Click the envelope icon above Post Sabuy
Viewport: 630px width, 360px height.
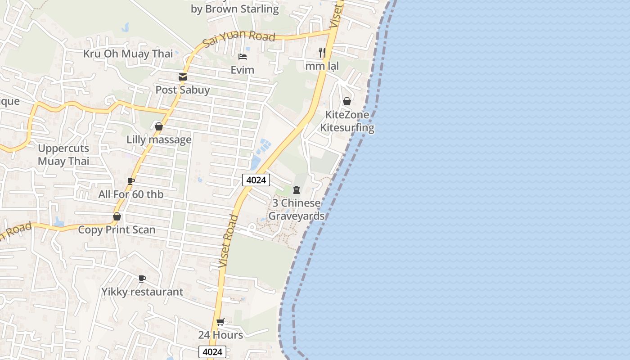click(x=183, y=77)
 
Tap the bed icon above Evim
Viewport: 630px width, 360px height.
click(x=243, y=57)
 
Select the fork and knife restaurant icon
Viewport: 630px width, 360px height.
click(x=322, y=53)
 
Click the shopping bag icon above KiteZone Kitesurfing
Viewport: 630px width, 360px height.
click(x=347, y=101)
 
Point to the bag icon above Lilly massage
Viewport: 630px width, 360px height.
click(x=159, y=126)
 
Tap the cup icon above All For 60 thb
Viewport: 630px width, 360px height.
click(x=131, y=181)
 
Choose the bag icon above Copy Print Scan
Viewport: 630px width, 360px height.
click(x=117, y=216)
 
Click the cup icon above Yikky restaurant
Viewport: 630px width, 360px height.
click(x=142, y=279)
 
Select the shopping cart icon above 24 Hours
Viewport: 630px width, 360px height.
click(x=220, y=322)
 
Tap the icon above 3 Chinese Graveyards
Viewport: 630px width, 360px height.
click(x=297, y=190)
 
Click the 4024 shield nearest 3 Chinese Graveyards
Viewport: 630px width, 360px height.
click(x=256, y=180)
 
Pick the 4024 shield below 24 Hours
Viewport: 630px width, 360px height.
click(x=212, y=352)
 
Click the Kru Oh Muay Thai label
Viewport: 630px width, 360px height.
click(x=128, y=54)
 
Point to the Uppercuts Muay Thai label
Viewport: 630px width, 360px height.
click(x=63, y=155)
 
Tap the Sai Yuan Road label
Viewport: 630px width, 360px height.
click(x=238, y=37)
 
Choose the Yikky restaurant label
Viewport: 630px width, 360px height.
click(x=142, y=292)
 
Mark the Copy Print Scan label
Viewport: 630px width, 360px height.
click(x=117, y=230)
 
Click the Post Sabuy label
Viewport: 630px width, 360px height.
click(x=183, y=90)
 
